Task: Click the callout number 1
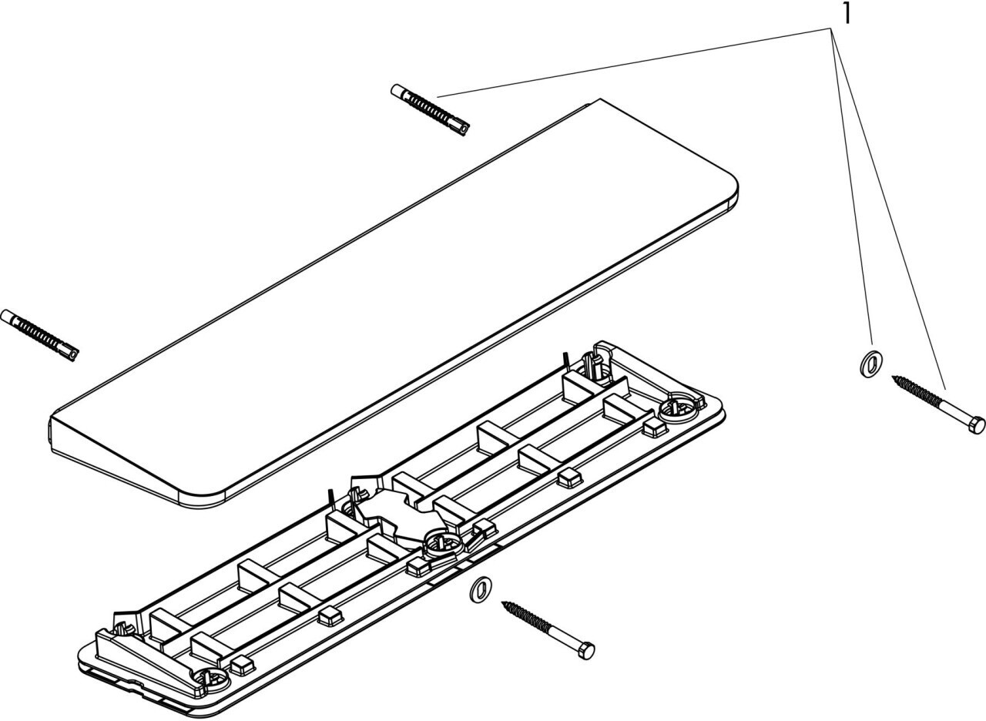click(x=846, y=13)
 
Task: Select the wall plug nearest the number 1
click(x=430, y=110)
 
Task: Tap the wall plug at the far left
click(x=40, y=334)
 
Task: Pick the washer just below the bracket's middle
click(x=480, y=589)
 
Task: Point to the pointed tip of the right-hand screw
click(x=894, y=377)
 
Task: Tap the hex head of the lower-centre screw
click(x=586, y=651)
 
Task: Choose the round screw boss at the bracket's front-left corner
click(x=210, y=679)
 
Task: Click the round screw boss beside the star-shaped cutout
click(x=441, y=542)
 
